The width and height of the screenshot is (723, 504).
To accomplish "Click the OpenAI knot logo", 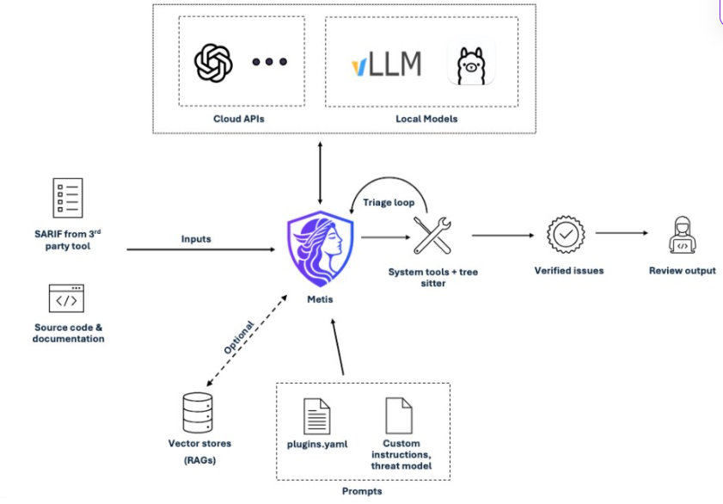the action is pyautogui.click(x=213, y=63).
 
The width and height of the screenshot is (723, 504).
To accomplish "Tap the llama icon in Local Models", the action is pyautogui.click(x=471, y=64).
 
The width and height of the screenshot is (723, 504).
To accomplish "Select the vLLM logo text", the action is pyautogui.click(x=386, y=64).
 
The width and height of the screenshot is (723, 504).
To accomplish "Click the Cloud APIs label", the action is pyautogui.click(x=239, y=119).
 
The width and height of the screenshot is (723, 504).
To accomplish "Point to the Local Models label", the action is pyautogui.click(x=426, y=119).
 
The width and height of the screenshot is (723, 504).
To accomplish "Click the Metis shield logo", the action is pyautogui.click(x=320, y=248).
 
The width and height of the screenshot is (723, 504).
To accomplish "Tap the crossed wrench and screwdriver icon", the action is pyautogui.click(x=432, y=236).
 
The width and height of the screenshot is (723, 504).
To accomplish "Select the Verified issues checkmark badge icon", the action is pyautogui.click(x=566, y=235).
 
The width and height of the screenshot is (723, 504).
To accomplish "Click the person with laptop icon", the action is pyautogui.click(x=683, y=235).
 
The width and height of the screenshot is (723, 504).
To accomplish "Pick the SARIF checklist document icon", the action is pyautogui.click(x=68, y=198).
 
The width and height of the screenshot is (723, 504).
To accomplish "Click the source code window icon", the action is pyautogui.click(x=66, y=298).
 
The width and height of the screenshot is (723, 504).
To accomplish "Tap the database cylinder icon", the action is pyautogui.click(x=198, y=412).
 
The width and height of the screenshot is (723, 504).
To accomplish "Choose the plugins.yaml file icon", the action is pyautogui.click(x=316, y=416).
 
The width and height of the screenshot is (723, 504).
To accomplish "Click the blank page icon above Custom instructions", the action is pyautogui.click(x=399, y=415).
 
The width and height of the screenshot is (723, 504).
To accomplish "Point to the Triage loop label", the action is pyautogui.click(x=389, y=202).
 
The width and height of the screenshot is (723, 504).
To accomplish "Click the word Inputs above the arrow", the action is pyautogui.click(x=196, y=239).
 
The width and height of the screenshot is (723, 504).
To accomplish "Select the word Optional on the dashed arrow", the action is pyautogui.click(x=239, y=337).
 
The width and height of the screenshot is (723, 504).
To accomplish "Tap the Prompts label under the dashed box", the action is pyautogui.click(x=362, y=491).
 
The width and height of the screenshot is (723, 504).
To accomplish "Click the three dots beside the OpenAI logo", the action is pyautogui.click(x=270, y=61).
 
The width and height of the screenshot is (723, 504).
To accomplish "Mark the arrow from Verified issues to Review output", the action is pyautogui.click(x=622, y=233).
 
